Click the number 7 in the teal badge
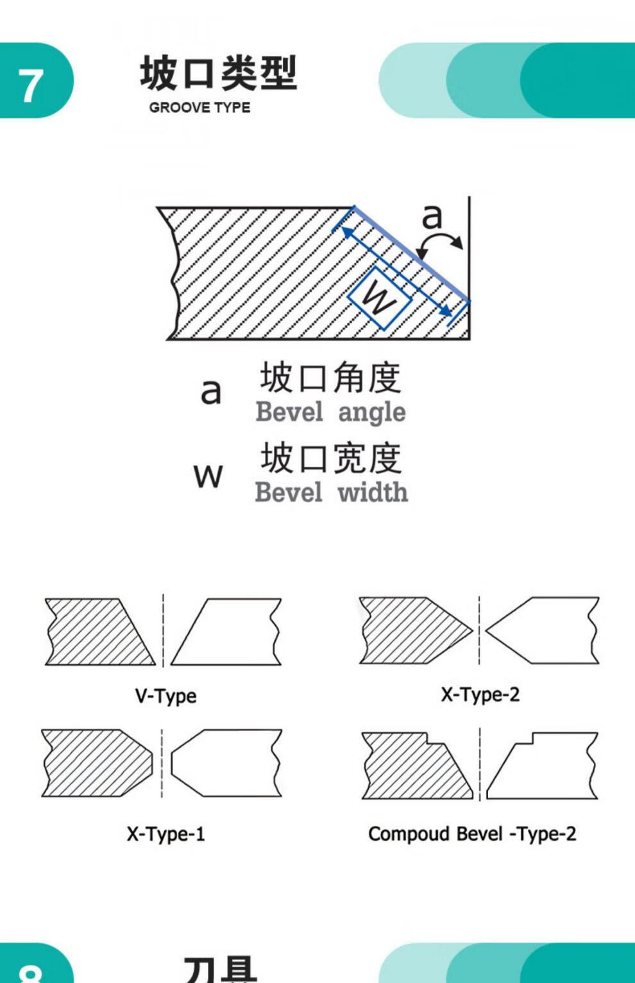click(30, 86)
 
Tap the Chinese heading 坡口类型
click(218, 73)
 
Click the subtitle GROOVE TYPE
click(199, 108)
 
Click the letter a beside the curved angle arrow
click(432, 215)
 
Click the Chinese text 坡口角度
click(330, 377)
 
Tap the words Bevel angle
click(330, 412)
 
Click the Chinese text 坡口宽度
click(330, 458)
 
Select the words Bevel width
click(331, 492)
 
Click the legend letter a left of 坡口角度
click(211, 391)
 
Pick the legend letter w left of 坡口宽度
click(208, 475)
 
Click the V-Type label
click(165, 696)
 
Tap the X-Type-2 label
click(480, 694)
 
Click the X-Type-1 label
click(165, 834)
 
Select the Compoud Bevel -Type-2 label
click(472, 834)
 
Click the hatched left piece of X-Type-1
click(93, 763)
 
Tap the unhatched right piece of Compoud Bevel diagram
click(545, 769)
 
